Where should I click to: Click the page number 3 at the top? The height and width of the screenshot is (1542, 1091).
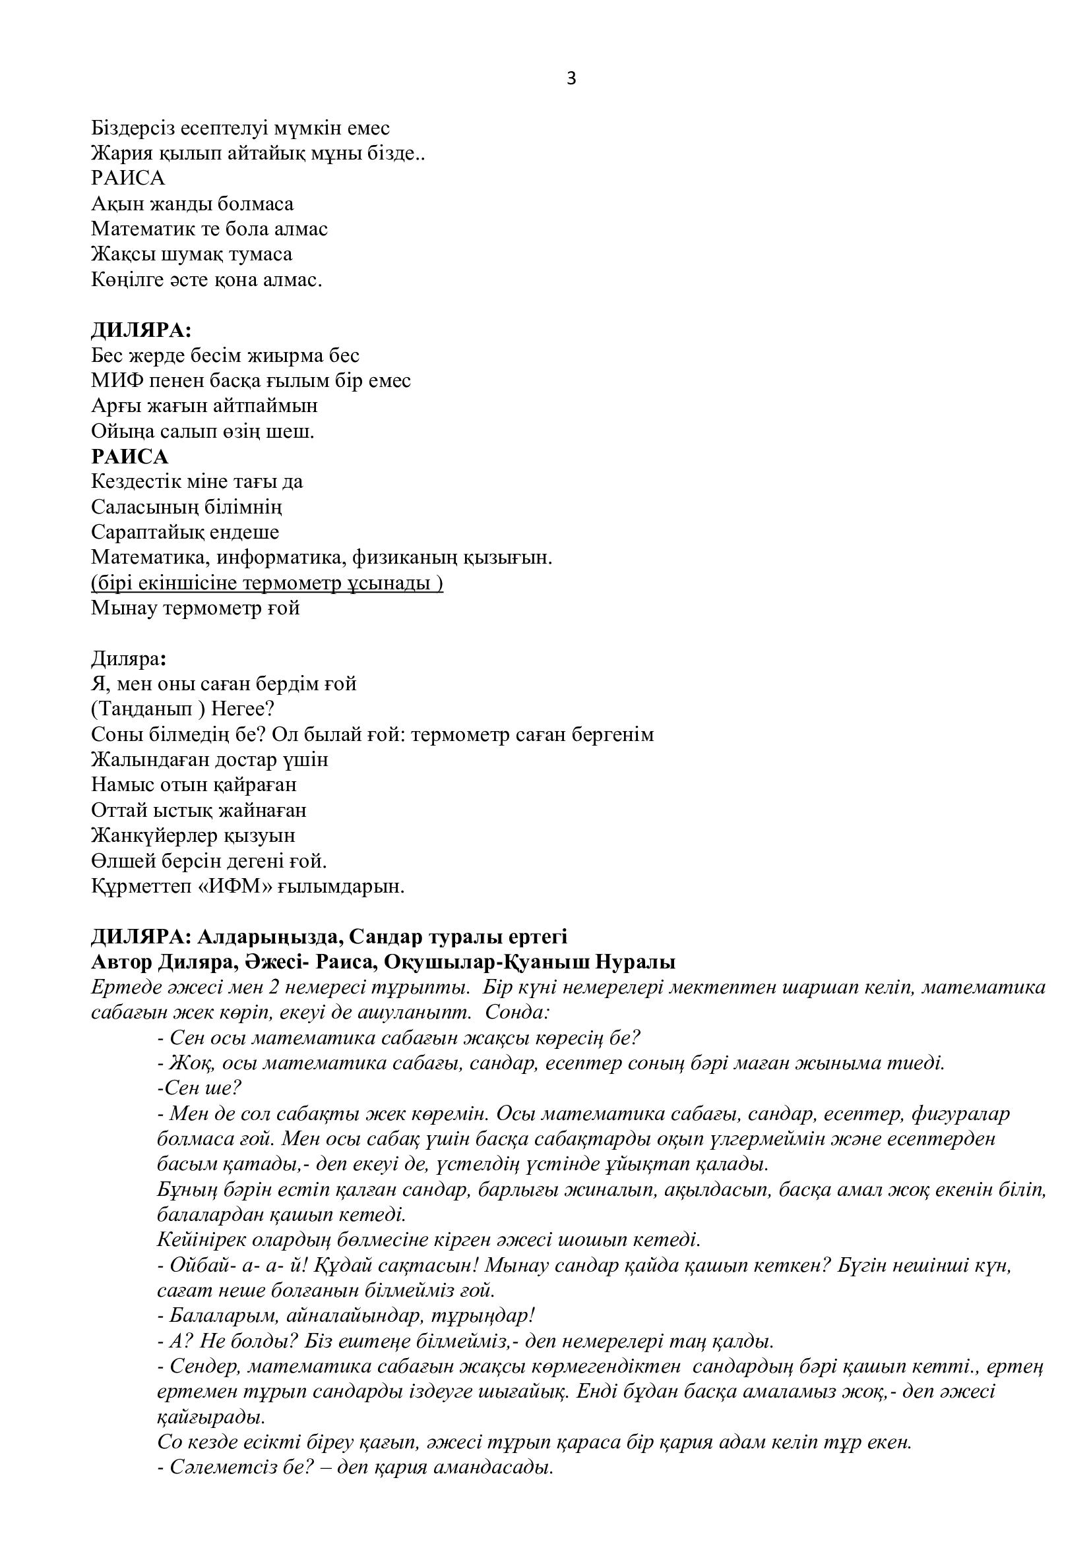(571, 79)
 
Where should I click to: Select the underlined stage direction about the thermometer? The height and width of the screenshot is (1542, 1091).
(266, 583)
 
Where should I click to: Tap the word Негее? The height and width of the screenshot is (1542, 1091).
(241, 709)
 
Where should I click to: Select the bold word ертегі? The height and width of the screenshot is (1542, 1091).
(533, 936)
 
